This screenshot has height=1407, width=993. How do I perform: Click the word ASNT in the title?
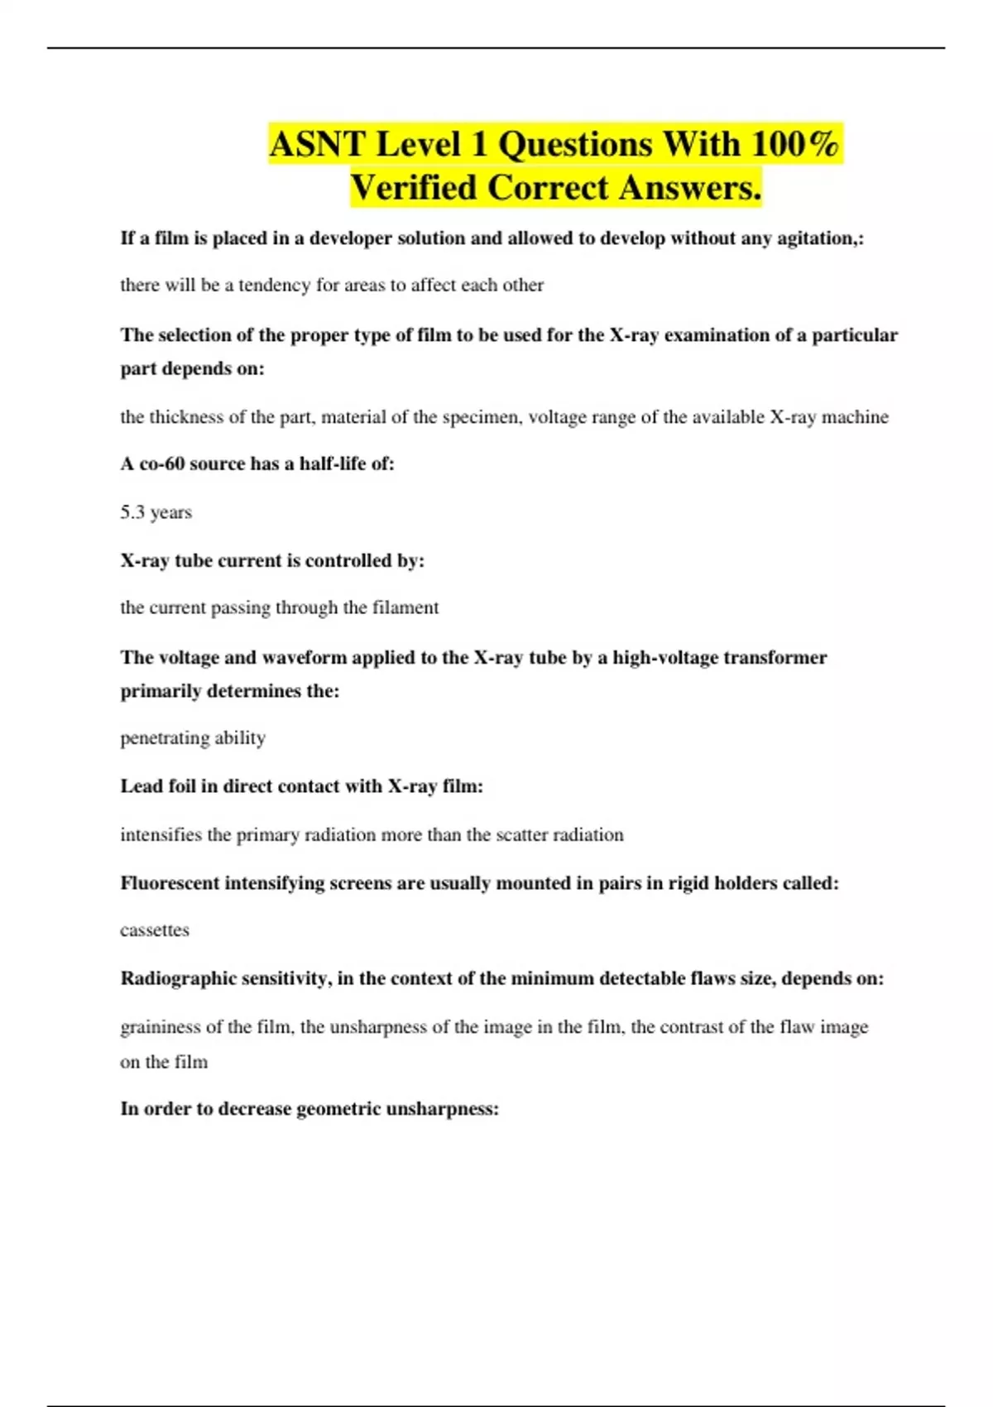click(317, 145)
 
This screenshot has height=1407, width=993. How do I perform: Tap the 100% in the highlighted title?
click(796, 145)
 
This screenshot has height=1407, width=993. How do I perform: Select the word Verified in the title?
click(413, 188)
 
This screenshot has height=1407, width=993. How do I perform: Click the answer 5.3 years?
click(156, 512)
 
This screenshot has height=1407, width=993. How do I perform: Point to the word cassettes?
click(155, 930)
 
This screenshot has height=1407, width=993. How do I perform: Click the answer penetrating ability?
click(193, 737)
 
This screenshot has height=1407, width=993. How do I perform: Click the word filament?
click(405, 607)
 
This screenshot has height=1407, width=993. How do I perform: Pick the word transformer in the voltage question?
click(775, 658)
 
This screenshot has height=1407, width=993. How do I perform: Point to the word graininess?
click(161, 1027)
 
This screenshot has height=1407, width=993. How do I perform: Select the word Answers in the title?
click(689, 188)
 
